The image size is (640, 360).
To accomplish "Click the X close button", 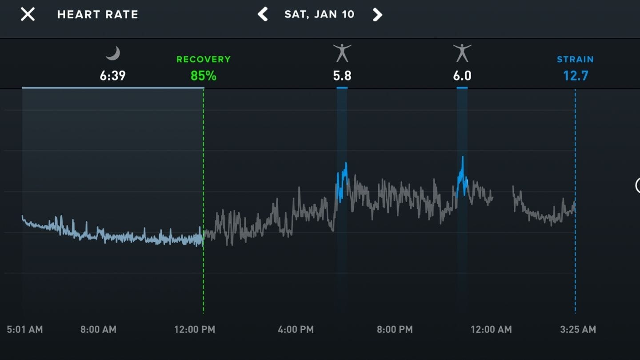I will (x=28, y=14).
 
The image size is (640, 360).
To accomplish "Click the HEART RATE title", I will (x=98, y=15).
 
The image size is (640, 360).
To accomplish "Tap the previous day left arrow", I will (x=263, y=14).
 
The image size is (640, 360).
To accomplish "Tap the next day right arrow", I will (x=377, y=14).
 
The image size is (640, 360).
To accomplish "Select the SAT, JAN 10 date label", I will (x=320, y=14).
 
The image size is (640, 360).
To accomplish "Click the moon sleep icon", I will (x=113, y=54).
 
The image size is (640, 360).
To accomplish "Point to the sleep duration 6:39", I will (x=112, y=76).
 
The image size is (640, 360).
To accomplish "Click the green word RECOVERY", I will (x=204, y=60).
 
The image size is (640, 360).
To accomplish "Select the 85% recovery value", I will (x=204, y=76).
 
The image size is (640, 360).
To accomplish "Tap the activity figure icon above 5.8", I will (x=342, y=53).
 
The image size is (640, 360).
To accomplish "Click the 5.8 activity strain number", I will (x=342, y=76).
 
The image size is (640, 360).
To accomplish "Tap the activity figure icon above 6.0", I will (x=462, y=53).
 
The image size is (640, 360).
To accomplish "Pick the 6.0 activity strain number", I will (x=462, y=76).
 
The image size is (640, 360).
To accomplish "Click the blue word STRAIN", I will (x=575, y=60).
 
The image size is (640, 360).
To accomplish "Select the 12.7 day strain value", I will (x=576, y=76).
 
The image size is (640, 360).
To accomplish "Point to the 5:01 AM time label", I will (x=25, y=329).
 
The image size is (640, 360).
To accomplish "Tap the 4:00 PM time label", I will (x=296, y=329).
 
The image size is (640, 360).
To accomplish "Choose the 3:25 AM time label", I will (x=578, y=329).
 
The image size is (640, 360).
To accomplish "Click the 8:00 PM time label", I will (x=395, y=329).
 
